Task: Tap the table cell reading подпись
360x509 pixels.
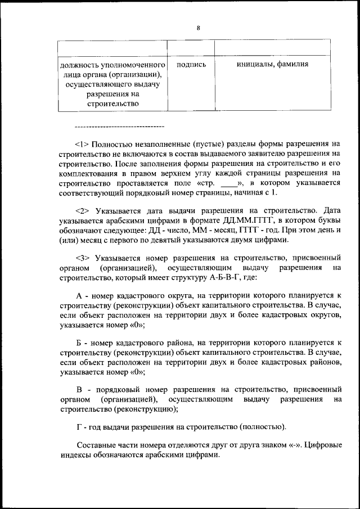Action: pyautogui.click(x=191, y=65)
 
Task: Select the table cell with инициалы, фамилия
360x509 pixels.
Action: pyautogui.click(x=272, y=65)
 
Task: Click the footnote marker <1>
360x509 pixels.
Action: pyautogui.click(x=82, y=143)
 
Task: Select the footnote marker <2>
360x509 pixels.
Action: pyautogui.click(x=82, y=211)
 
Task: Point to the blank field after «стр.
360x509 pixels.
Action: pyautogui.click(x=229, y=184)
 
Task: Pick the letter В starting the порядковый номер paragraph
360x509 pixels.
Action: pyautogui.click(x=79, y=389)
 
